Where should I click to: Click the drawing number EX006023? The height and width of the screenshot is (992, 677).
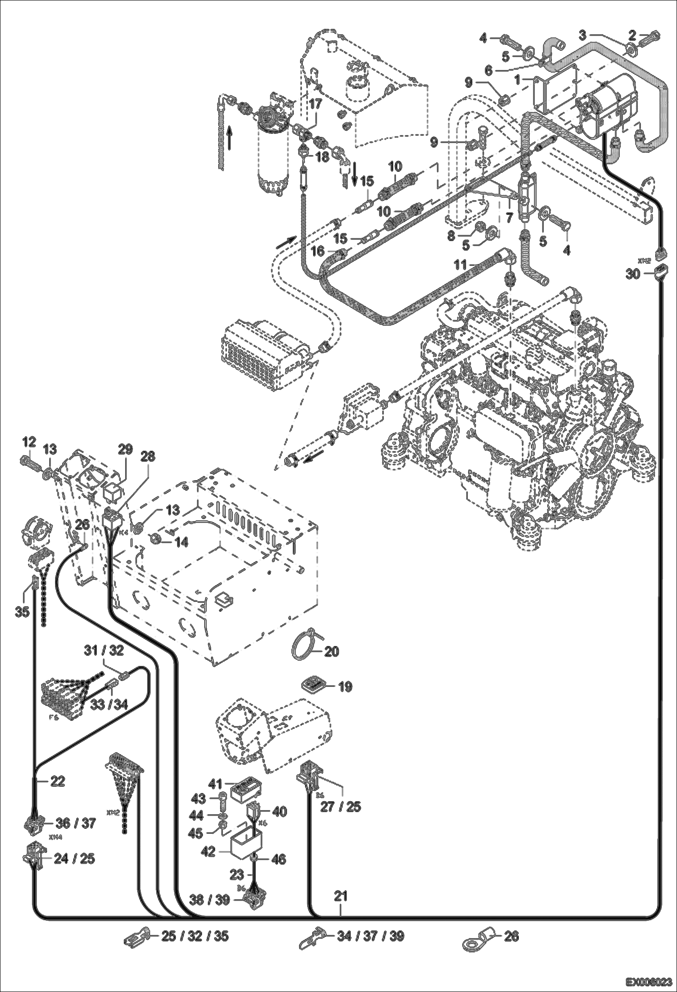click(x=649, y=982)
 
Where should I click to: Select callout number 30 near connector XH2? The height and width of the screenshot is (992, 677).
click(x=634, y=274)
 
